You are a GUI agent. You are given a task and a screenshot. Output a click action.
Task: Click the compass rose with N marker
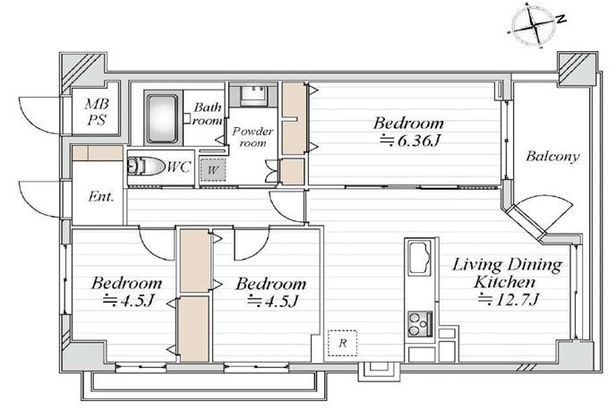[535, 25]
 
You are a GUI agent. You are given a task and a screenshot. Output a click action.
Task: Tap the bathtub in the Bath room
[161, 118]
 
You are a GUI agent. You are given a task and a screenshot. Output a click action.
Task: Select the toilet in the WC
[145, 167]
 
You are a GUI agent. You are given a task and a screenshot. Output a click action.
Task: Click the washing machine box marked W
[212, 170]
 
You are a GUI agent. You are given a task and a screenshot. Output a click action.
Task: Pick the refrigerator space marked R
[343, 343]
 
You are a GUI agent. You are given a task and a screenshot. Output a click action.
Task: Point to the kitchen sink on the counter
[419, 258]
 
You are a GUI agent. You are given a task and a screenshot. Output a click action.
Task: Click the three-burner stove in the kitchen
[419, 324]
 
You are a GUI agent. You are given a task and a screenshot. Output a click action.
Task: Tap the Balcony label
[552, 157]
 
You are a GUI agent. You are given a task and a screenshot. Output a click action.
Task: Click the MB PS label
[97, 112]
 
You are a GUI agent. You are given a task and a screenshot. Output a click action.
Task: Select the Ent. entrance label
[100, 196]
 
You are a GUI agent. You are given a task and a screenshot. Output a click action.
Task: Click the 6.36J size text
[409, 140]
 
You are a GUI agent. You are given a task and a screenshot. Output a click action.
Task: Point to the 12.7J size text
[509, 300]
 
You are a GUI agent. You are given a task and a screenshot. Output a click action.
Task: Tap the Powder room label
[252, 137]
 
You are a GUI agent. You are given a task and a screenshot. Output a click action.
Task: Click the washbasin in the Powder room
[253, 95]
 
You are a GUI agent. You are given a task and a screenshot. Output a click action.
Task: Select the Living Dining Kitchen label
[507, 273]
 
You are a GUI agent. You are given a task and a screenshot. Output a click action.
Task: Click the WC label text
[179, 167]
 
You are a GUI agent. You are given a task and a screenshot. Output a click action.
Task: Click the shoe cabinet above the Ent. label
[98, 153]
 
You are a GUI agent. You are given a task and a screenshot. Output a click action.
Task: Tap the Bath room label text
[208, 114]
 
